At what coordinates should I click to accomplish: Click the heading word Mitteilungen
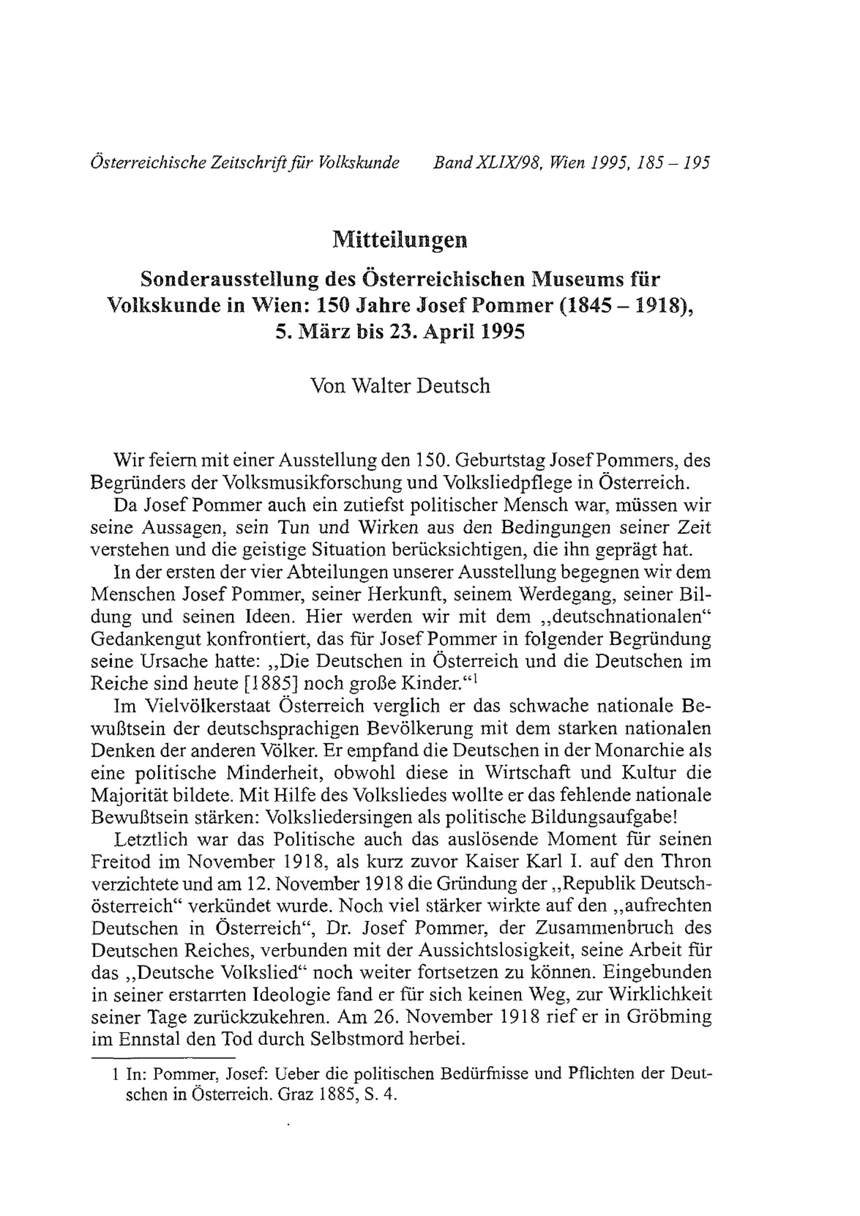point(400,240)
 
